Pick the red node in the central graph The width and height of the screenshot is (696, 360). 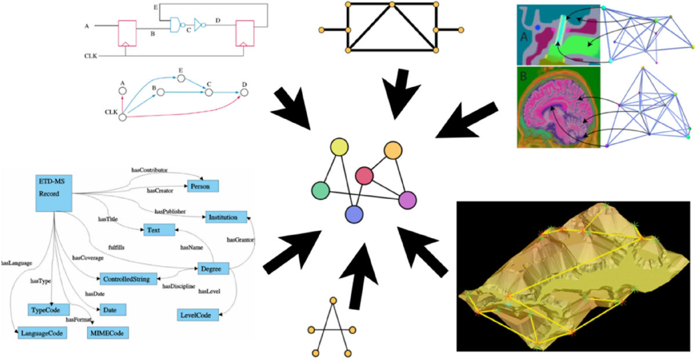pyautogui.click(x=364, y=174)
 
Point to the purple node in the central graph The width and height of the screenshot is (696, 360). pyautogui.click(x=408, y=200)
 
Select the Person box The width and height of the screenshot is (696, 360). pyautogui.click(x=202, y=186)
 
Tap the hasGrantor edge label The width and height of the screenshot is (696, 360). pyautogui.click(x=240, y=238)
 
